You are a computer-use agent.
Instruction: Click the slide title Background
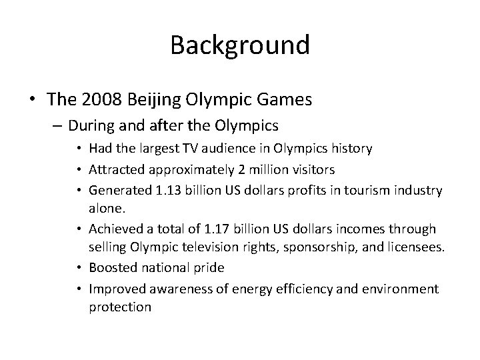240,45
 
